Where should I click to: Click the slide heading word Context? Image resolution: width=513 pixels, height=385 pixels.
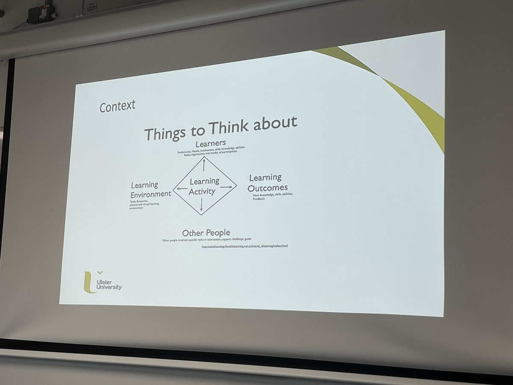click(117, 106)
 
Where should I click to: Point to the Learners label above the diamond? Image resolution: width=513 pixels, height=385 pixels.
click(210, 143)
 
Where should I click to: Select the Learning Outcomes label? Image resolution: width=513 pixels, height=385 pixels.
click(268, 183)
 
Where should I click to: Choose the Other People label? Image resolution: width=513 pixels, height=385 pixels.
click(206, 233)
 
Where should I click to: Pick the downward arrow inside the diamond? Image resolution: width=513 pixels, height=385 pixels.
click(201, 204)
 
